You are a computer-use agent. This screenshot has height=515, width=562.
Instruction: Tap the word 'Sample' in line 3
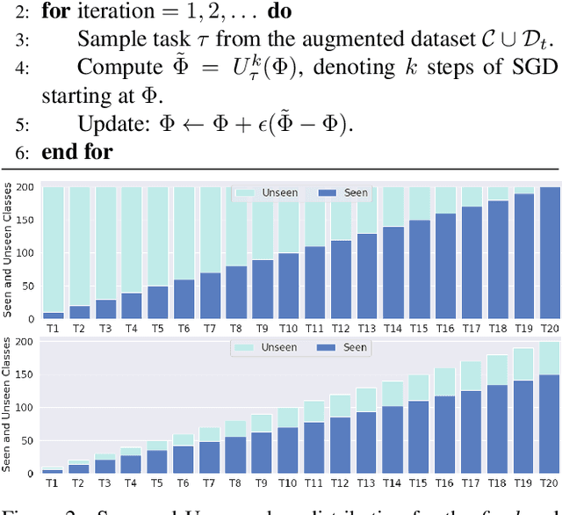point(104,39)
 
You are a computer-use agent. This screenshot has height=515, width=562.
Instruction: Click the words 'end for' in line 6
point(77,151)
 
